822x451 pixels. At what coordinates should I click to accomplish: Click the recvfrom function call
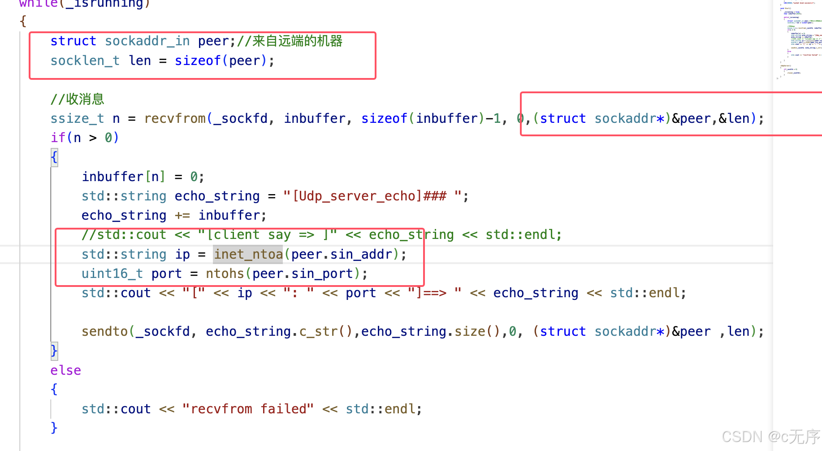click(x=175, y=118)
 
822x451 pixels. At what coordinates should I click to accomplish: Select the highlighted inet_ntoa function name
click(x=248, y=254)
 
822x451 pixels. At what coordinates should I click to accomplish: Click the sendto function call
click(x=105, y=331)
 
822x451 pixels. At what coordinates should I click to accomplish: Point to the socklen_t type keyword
click(x=85, y=61)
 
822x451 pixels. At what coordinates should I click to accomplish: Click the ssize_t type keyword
click(x=77, y=118)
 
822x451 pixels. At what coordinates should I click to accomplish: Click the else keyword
click(x=65, y=370)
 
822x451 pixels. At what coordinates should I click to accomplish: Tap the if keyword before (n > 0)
click(x=58, y=138)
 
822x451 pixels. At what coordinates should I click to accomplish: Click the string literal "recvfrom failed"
click(x=248, y=409)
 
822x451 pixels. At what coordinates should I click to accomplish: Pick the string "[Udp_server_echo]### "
click(x=373, y=196)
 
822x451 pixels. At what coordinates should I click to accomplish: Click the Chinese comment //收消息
click(x=78, y=99)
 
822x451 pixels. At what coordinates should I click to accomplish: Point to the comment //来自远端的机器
click(x=290, y=41)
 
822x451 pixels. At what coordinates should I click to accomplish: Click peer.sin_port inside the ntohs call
click(x=303, y=273)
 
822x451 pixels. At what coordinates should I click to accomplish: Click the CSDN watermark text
click(x=771, y=436)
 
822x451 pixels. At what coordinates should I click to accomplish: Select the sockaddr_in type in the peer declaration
click(x=147, y=41)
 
